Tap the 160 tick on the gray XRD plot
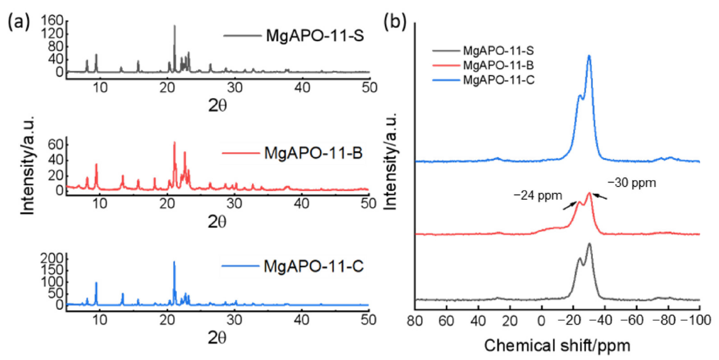(52, 20)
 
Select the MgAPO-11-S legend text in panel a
(315, 36)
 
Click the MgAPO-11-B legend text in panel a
(313, 153)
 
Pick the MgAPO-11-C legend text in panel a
(314, 266)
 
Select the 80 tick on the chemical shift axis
(415, 320)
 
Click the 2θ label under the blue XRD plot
(217, 338)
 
